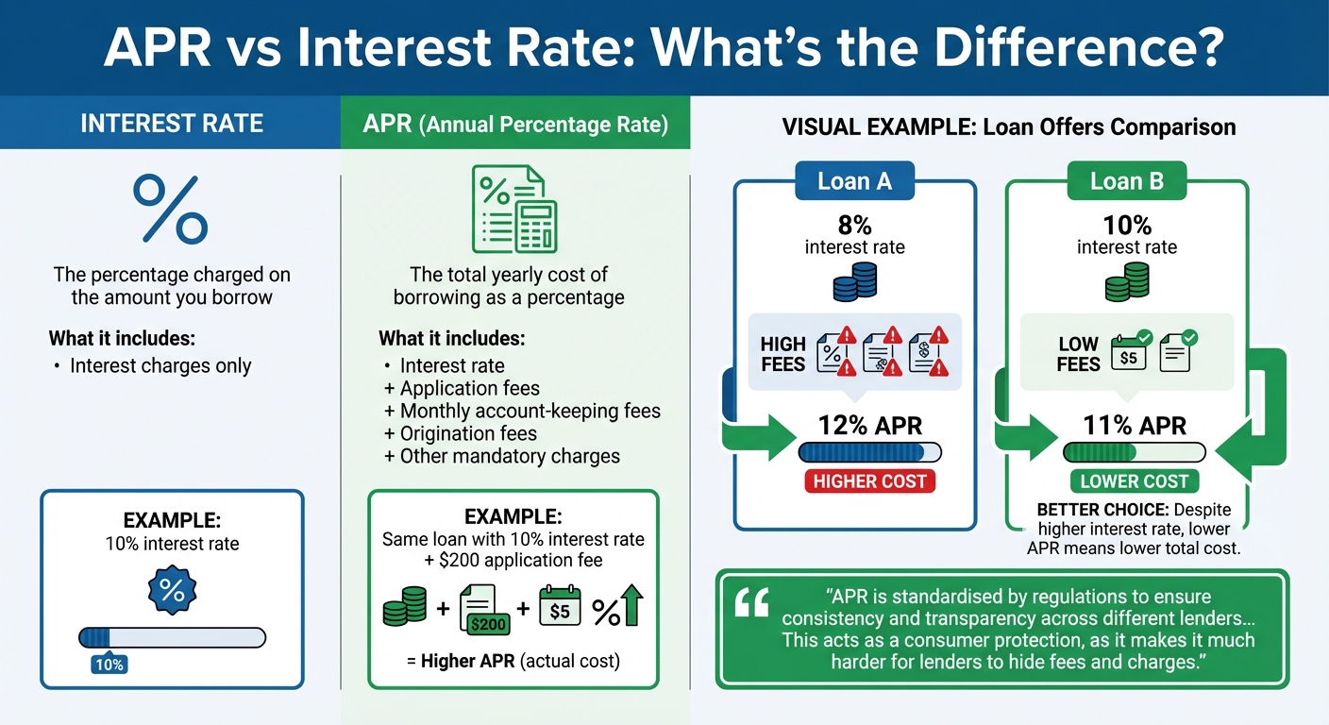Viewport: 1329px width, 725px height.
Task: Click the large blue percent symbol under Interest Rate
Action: point(171,210)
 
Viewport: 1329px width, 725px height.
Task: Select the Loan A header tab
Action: point(854,181)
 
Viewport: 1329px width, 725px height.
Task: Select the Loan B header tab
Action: point(1126,181)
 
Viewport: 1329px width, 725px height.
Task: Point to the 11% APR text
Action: point(1134,427)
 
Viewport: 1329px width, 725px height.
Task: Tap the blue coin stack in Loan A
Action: point(855,282)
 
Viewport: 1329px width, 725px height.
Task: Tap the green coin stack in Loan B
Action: point(1126,281)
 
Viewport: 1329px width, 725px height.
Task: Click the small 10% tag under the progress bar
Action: point(109,665)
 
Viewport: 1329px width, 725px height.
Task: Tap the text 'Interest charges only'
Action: point(160,366)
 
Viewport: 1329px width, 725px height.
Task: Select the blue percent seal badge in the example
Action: point(172,591)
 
